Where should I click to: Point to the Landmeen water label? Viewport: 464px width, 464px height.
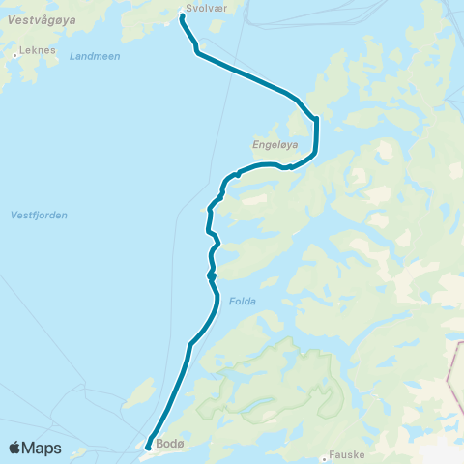[x=95, y=56]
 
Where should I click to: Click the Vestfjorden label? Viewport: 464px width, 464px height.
[x=39, y=215]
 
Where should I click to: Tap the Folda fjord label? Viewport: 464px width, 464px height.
[x=243, y=301]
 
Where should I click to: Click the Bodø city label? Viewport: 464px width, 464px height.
[x=165, y=446]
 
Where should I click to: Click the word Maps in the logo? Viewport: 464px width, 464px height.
[x=43, y=448]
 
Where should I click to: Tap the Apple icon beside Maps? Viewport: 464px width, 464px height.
[x=15, y=448]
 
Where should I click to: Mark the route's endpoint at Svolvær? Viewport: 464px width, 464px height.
[x=183, y=15]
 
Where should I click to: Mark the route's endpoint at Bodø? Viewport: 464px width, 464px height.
[x=148, y=447]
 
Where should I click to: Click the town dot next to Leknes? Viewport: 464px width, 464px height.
[x=15, y=55]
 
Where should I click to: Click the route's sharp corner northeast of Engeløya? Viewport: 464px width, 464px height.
[x=315, y=118]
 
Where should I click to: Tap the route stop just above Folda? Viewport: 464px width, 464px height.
[x=211, y=275]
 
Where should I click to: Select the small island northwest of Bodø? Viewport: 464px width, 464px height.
[x=140, y=393]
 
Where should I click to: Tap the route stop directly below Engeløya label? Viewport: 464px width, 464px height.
[x=290, y=166]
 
